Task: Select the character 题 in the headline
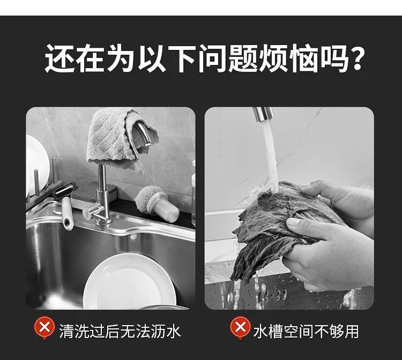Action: (x=243, y=58)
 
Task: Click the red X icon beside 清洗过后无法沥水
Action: (x=44, y=328)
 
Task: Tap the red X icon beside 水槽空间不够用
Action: (x=240, y=328)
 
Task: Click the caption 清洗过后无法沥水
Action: (x=120, y=331)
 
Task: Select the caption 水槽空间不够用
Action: (x=306, y=331)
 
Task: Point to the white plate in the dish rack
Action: (x=36, y=164)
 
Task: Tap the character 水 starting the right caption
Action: (x=260, y=331)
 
